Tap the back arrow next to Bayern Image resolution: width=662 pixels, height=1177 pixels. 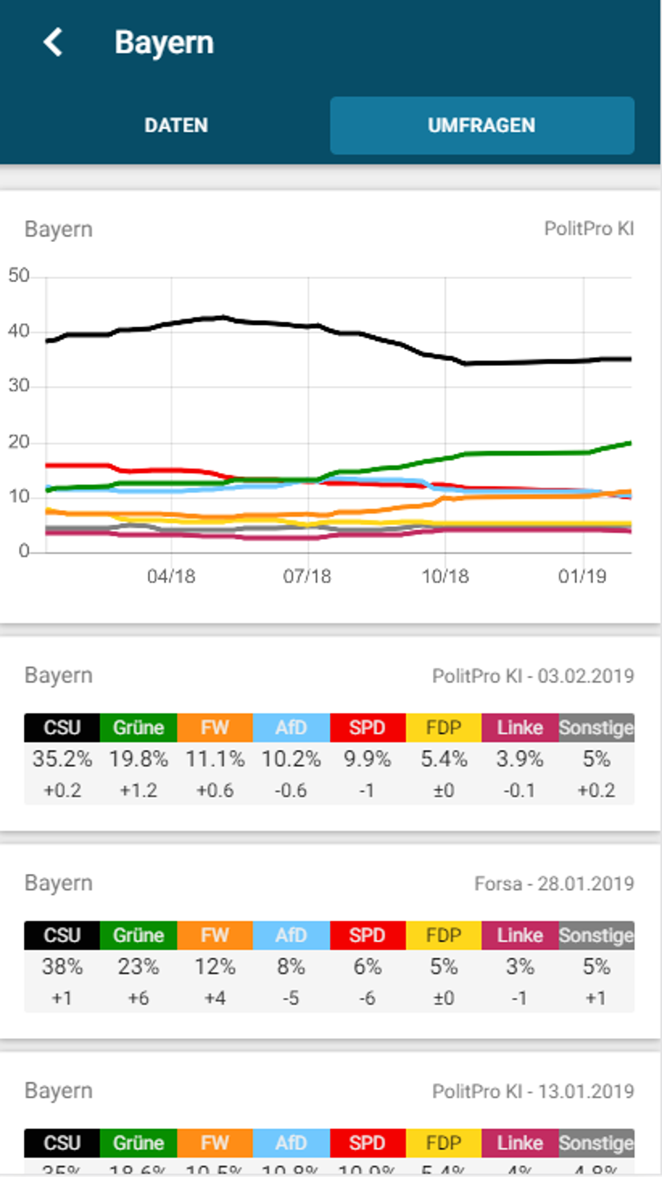point(53,42)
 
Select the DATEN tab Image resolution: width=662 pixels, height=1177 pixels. point(176,125)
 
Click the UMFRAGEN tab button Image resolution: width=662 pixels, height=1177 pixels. point(482,125)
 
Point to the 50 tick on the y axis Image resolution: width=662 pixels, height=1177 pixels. point(19,276)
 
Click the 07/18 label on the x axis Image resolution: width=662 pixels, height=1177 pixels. point(307,576)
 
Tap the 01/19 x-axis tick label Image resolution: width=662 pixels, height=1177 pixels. point(582,576)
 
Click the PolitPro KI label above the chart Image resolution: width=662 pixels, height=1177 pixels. point(589,228)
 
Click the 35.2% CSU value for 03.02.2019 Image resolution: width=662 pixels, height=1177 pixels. point(62,758)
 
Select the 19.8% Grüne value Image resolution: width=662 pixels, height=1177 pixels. point(138,758)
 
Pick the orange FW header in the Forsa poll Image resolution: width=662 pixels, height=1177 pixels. point(215,935)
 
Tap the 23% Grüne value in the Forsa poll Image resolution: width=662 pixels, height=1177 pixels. point(138,966)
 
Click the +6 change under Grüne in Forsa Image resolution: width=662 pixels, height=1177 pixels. point(138,998)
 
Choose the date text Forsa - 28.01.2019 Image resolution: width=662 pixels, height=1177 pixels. point(554,884)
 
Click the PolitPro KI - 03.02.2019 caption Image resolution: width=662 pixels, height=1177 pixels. point(533,676)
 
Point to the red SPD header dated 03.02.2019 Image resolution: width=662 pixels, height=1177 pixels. point(367,727)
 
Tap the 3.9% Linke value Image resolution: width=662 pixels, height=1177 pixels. point(519,758)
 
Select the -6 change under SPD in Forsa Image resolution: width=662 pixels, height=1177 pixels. point(367,998)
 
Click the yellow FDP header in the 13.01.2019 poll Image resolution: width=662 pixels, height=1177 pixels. point(443,1143)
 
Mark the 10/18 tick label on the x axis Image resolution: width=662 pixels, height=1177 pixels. point(445,576)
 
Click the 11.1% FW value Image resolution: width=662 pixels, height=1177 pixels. point(215,758)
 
